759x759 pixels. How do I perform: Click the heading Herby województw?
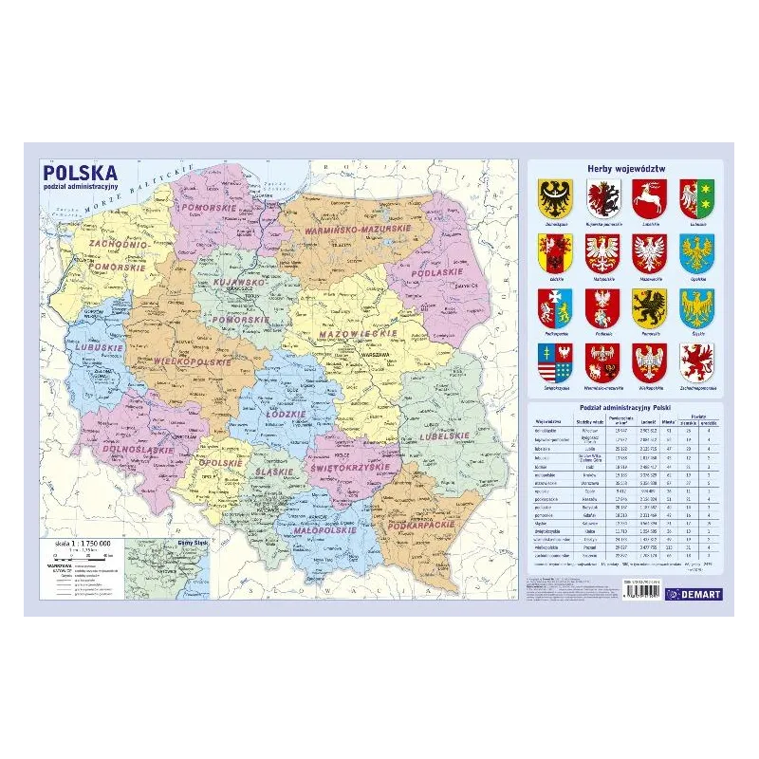(626, 168)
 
